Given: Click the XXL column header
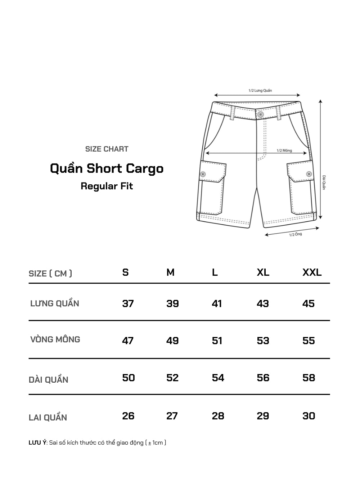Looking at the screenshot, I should click(x=312, y=273).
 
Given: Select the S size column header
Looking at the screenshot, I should click(x=125, y=273).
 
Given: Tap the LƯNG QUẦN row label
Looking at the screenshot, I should click(x=55, y=303).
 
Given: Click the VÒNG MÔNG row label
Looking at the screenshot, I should click(x=55, y=339).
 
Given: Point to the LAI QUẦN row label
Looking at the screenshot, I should click(x=48, y=418).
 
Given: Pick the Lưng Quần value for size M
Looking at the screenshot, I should click(x=172, y=304).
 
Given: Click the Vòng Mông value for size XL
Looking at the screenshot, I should click(x=263, y=341).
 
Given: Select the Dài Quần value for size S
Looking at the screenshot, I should click(x=129, y=378).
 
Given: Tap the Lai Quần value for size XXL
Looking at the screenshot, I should click(x=309, y=416).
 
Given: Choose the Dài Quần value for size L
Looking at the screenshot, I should click(x=218, y=378).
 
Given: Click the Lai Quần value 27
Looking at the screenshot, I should click(x=172, y=416).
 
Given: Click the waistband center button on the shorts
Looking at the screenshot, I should click(x=260, y=114).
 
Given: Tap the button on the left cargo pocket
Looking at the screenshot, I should click(x=203, y=174).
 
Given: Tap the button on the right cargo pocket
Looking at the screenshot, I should click(x=309, y=174).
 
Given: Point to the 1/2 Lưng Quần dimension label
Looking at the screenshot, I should click(x=260, y=90).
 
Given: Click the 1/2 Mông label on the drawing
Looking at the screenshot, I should click(x=284, y=150).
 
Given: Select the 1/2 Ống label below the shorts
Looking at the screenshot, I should click(x=295, y=235).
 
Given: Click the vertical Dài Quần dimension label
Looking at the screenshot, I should click(x=324, y=183).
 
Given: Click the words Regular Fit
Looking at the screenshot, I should click(x=107, y=186).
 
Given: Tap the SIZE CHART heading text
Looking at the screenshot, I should click(x=107, y=149).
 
